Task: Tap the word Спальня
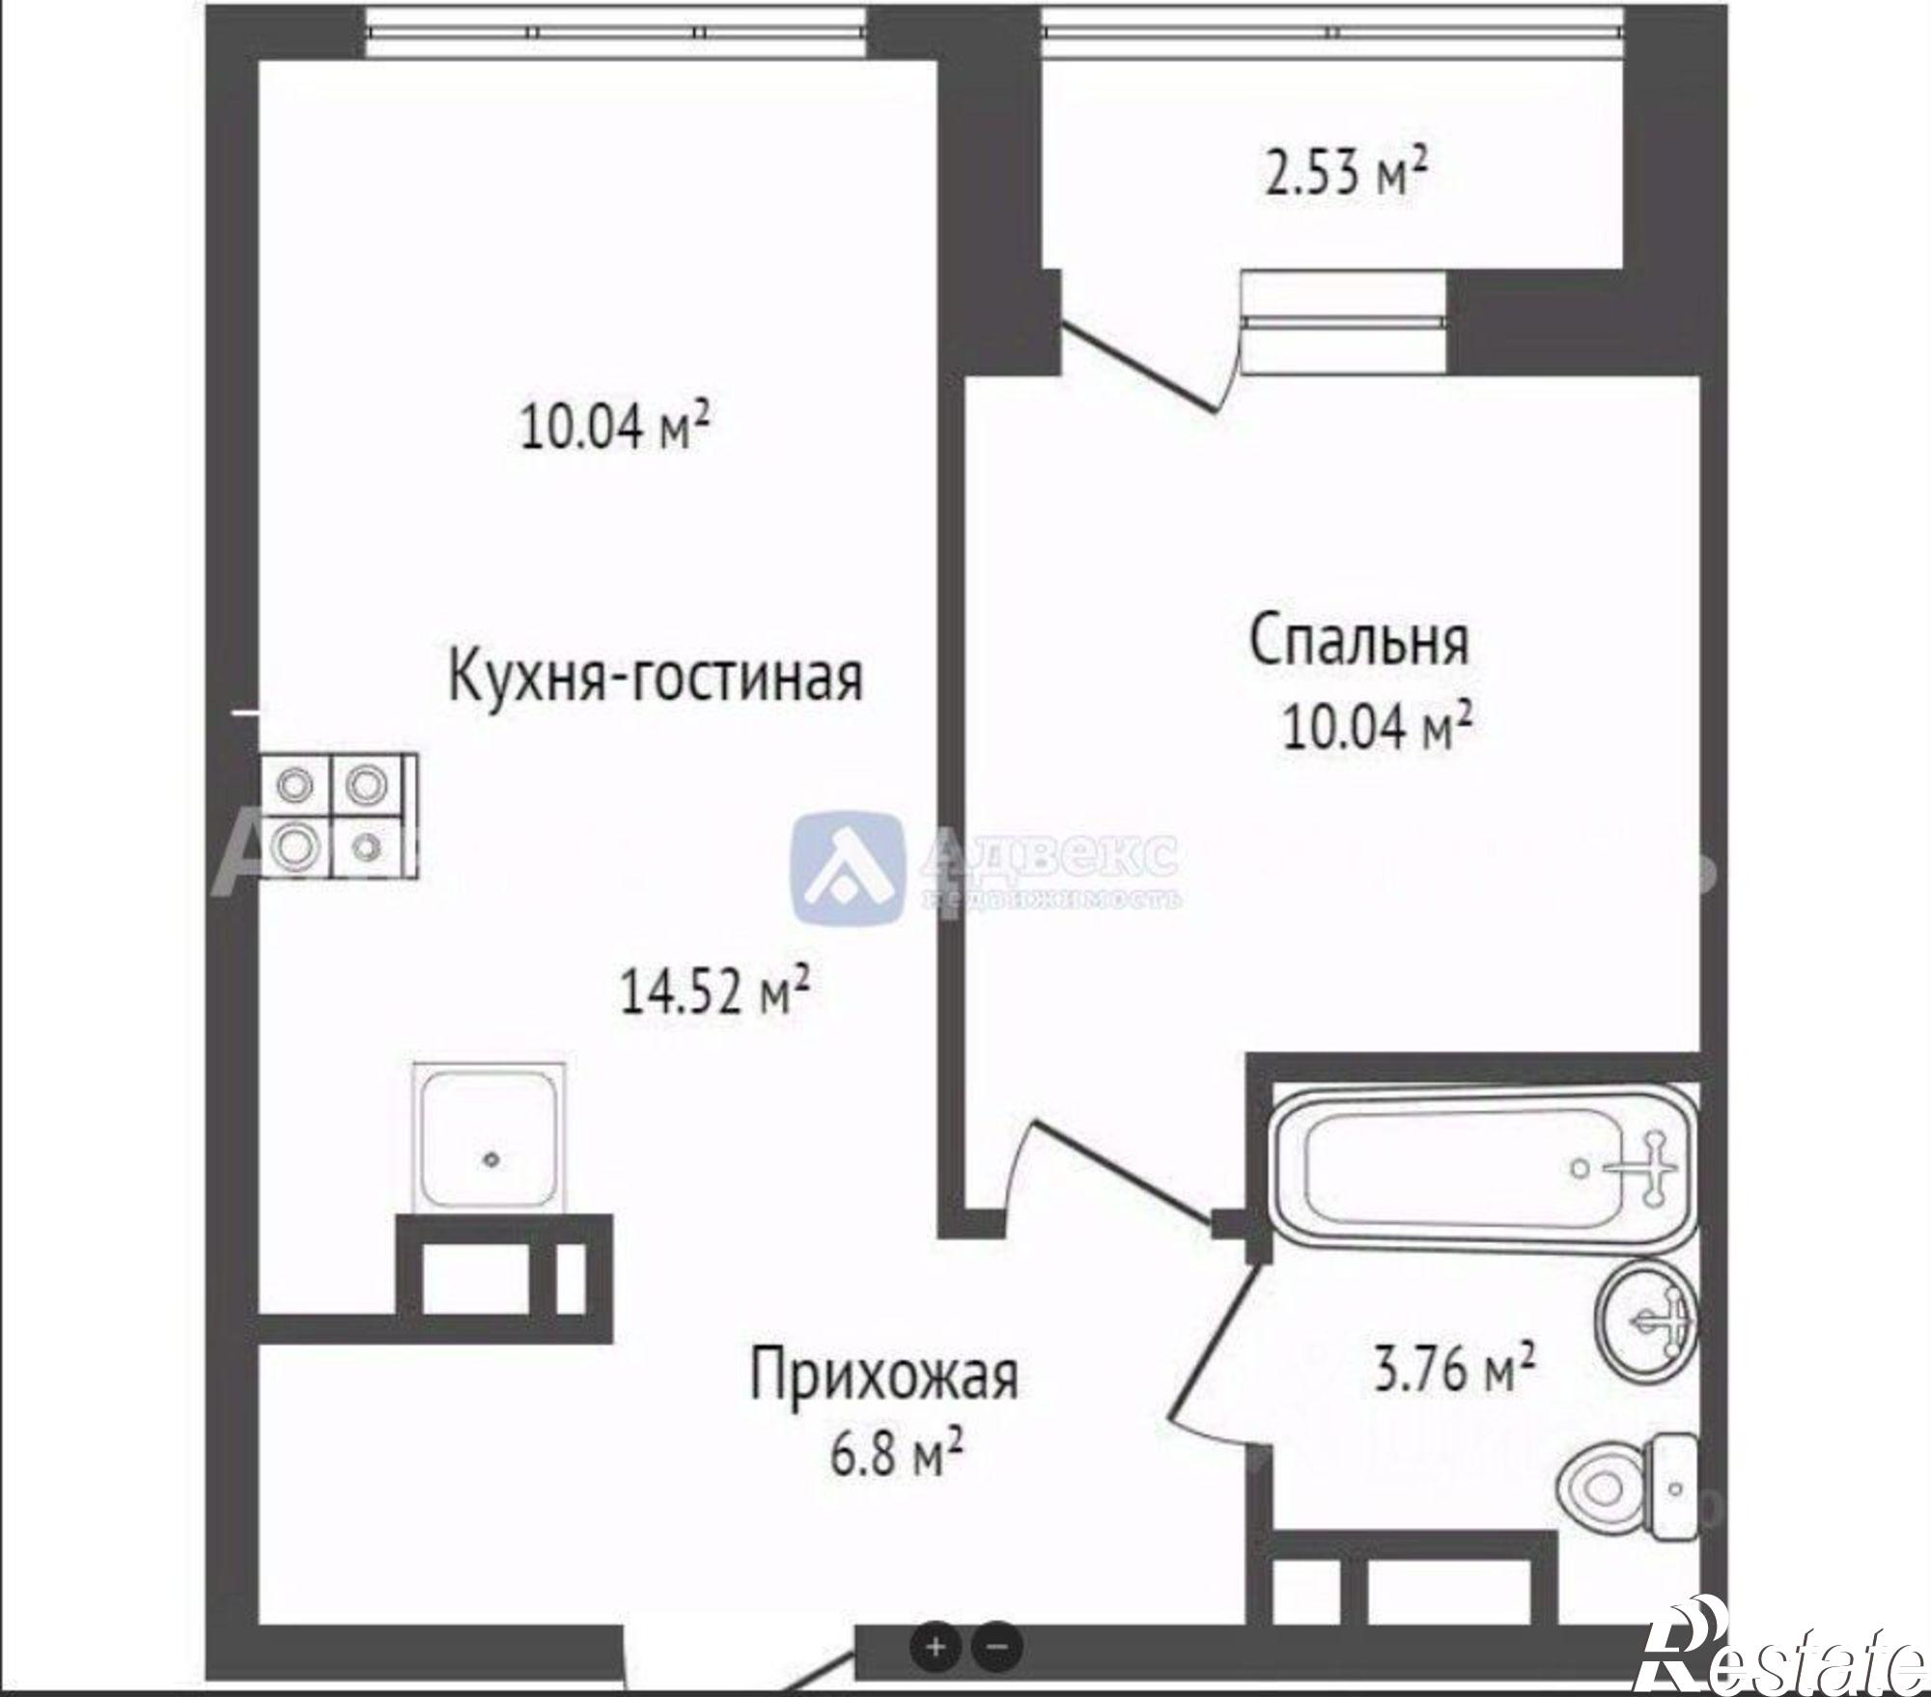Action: tap(1359, 641)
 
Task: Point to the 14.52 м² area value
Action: tap(714, 993)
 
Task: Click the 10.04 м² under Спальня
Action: tap(1376, 727)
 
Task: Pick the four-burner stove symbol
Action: tap(337, 816)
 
